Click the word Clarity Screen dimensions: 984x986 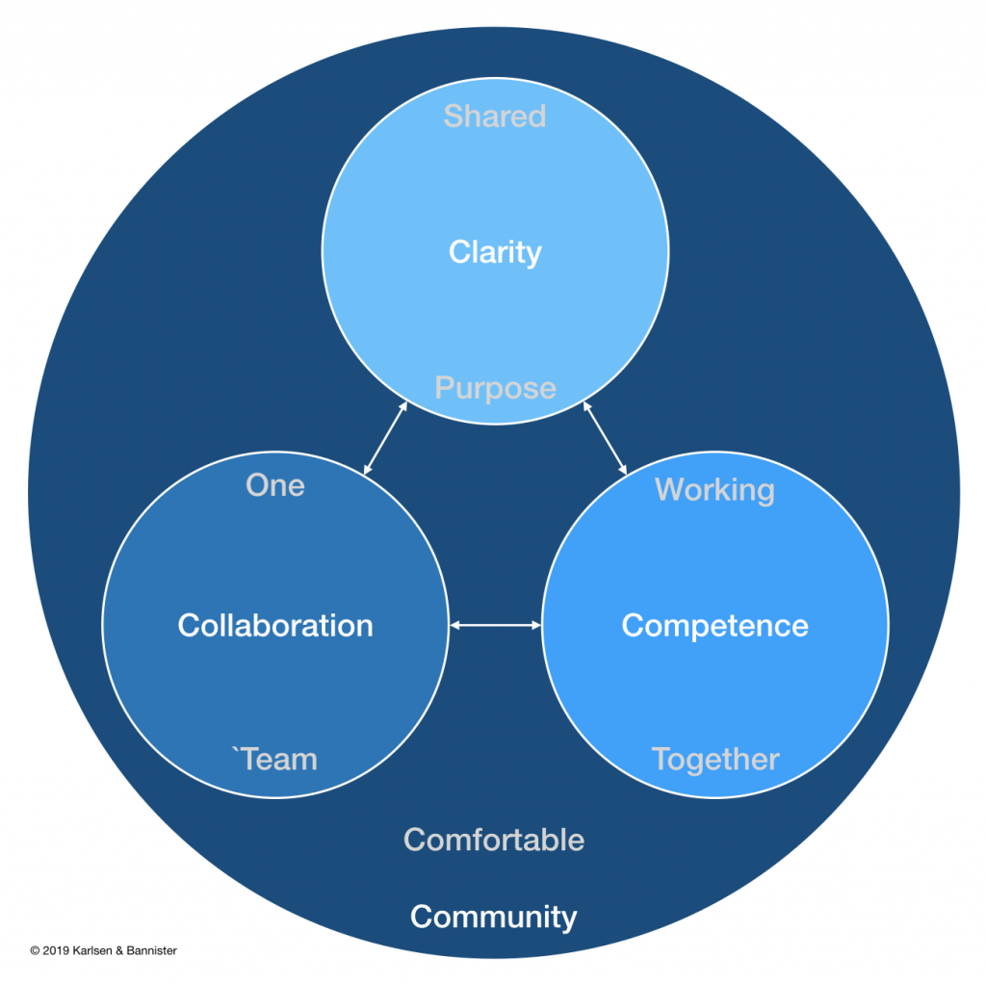coord(495,252)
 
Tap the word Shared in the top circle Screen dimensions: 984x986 coord(495,117)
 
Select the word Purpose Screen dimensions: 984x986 coord(495,388)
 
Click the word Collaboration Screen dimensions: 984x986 coord(275,626)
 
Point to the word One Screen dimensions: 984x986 coord(275,485)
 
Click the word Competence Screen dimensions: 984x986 coord(714,626)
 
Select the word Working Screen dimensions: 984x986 coord(714,490)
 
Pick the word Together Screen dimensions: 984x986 coord(714,760)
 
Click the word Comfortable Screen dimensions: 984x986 coord(494,840)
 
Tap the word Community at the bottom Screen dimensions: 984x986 coord(494,917)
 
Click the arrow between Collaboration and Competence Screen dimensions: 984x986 coord(496,626)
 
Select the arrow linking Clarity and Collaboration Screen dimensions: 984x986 coord(385,439)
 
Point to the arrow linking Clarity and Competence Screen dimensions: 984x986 coord(605,439)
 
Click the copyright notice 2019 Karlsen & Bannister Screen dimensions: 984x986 coord(103,950)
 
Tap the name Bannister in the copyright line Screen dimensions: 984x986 coord(150,950)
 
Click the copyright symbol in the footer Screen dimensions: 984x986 coord(35,950)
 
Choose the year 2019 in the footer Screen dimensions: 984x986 coord(55,950)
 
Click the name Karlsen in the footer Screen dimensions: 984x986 coord(92,950)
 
